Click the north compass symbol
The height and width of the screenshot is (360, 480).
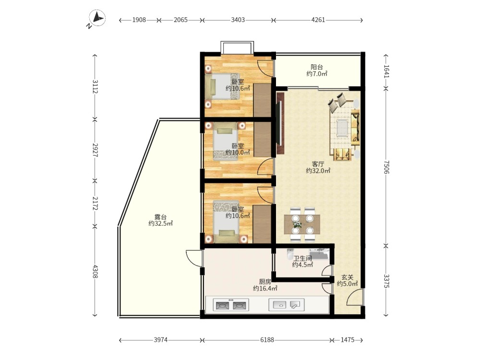(97, 18)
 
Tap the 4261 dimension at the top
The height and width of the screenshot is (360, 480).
(318, 20)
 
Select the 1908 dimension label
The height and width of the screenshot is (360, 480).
(139, 20)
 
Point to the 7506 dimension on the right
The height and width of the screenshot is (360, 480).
(386, 167)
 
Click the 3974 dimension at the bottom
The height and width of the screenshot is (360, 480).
(161, 340)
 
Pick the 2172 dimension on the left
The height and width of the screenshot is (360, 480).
(95, 203)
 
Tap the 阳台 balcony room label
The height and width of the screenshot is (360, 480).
(317, 67)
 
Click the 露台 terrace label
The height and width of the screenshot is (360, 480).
(160, 217)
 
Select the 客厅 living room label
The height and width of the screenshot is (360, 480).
(318, 164)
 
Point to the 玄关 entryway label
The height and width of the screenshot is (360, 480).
(348, 277)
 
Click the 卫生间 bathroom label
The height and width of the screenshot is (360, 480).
(302, 258)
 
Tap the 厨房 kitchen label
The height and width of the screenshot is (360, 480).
(265, 282)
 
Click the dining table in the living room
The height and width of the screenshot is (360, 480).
(302, 224)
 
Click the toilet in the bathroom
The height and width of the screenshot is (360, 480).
(290, 254)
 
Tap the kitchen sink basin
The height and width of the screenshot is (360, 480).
(279, 305)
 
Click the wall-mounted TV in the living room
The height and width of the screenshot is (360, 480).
(279, 123)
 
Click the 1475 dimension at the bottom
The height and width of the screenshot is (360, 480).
(348, 340)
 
